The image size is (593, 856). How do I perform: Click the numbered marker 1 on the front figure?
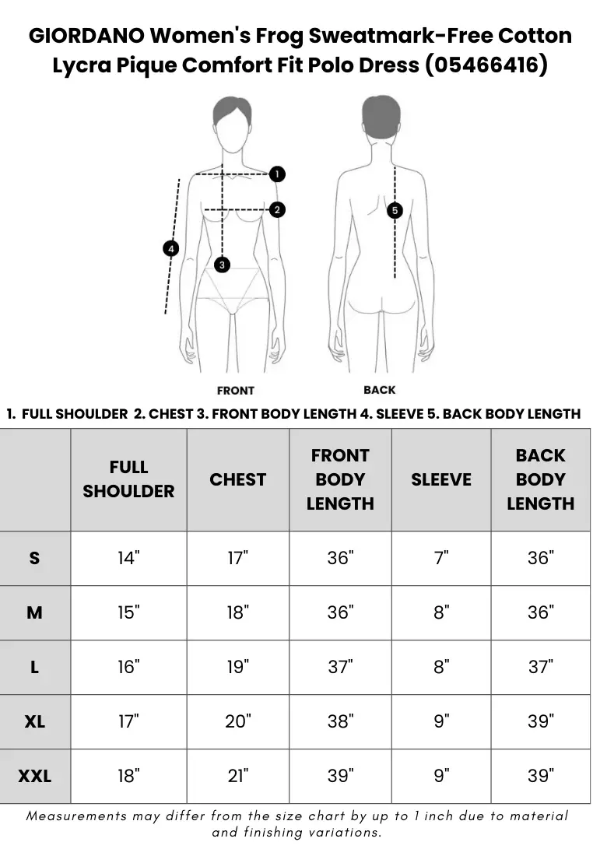(277, 174)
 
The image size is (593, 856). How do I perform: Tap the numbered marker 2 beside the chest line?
(277, 209)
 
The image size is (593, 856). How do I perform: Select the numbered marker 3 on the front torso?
(222, 265)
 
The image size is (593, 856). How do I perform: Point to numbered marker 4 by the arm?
(171, 249)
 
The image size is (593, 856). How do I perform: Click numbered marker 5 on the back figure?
(395, 210)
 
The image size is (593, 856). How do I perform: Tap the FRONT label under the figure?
(236, 391)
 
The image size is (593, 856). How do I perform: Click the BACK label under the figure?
(380, 390)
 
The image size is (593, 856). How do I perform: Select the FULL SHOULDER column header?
(129, 479)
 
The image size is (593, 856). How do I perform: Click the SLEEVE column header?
(441, 479)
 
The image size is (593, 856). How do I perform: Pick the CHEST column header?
(238, 479)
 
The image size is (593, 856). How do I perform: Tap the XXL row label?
(34, 776)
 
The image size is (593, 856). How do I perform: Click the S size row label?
(34, 558)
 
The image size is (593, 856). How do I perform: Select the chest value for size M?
(238, 612)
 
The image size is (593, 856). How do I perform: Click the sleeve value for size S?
(441, 558)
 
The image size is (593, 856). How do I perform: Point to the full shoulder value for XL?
(129, 721)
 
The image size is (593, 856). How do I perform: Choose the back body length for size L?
(541, 667)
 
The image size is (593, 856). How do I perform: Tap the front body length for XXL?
(340, 776)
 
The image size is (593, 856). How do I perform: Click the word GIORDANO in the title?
(86, 36)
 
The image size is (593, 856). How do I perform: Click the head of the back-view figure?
(381, 120)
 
